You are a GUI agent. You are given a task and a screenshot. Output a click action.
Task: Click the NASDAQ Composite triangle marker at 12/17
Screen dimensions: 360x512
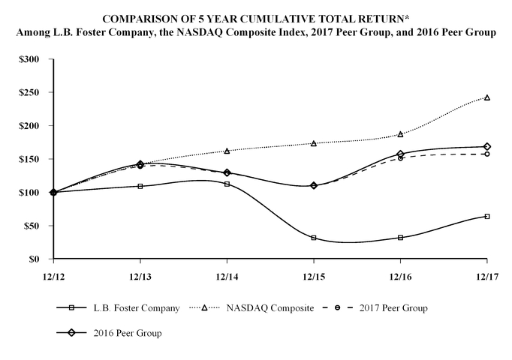point(487,97)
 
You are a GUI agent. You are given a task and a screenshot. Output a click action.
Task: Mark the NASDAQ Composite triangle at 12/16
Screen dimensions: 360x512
point(400,134)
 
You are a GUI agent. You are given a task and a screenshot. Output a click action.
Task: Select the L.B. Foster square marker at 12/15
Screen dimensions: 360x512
point(314,238)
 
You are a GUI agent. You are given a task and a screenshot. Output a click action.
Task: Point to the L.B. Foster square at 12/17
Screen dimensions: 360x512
point(487,216)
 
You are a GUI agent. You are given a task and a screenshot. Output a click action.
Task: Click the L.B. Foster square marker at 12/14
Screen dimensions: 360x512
point(227,184)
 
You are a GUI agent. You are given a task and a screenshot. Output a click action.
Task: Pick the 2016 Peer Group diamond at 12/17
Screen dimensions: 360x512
point(487,146)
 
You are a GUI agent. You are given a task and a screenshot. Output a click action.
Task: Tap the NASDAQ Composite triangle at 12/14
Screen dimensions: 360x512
point(227,151)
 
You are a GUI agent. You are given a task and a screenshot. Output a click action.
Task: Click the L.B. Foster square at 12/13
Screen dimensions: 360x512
point(140,186)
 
